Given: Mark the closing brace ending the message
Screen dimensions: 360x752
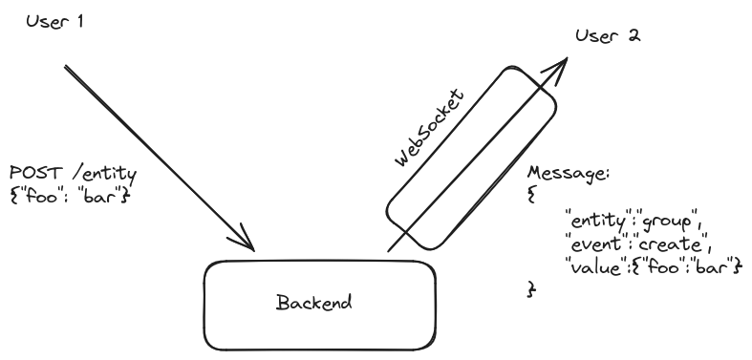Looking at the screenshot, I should click(x=531, y=287).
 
